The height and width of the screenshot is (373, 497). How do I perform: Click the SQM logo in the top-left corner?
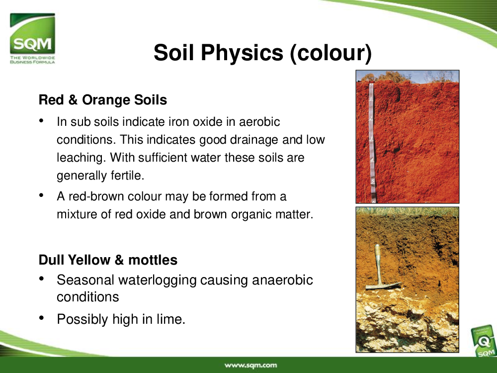pos(32,38)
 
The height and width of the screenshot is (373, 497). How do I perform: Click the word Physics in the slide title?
pos(242,52)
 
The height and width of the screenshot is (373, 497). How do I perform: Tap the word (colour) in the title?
pos(331,53)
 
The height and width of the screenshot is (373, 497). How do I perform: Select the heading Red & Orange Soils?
pos(103,100)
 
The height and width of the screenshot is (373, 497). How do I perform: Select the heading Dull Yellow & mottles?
pos(108,260)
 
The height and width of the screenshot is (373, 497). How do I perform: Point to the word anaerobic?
pos(282,280)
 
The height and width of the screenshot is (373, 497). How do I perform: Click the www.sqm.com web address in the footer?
pos(250,366)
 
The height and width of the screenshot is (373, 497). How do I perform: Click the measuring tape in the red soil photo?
pos(372,143)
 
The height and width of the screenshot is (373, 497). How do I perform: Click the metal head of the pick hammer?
pos(383,285)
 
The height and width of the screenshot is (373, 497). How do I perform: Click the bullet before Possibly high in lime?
pos(41,318)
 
